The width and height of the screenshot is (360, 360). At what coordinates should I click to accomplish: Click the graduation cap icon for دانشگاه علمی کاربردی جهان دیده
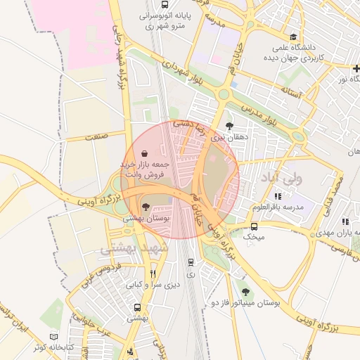(292, 37)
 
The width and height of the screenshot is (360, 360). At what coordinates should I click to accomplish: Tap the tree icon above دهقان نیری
(229, 126)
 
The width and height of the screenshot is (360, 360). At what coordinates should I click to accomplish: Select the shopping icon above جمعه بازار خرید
(144, 153)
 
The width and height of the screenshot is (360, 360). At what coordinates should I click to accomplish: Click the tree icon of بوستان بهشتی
(145, 207)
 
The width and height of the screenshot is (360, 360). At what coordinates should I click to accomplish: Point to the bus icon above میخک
(254, 226)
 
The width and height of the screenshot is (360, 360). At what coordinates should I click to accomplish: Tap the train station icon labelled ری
(190, 262)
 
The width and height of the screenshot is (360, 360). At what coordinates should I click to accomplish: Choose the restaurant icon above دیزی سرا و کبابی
(153, 274)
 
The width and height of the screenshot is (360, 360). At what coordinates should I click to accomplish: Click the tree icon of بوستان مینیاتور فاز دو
(245, 291)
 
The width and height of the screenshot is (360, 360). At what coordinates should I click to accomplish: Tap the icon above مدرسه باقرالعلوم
(278, 196)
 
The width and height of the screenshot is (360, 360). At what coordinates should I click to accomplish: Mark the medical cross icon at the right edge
(356, 67)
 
